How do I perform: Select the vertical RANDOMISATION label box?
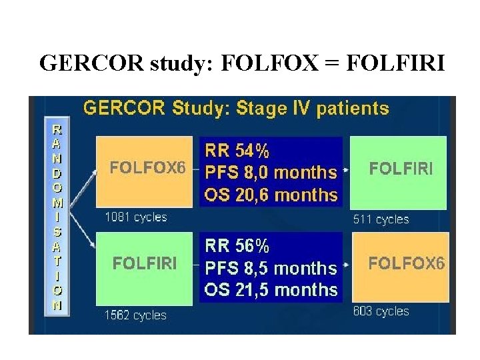pyautogui.click(x=58, y=216)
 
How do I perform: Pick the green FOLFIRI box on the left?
pyautogui.click(x=145, y=264)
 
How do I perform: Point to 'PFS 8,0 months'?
pyautogui.click(x=271, y=173)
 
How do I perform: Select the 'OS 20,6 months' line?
pyautogui.click(x=271, y=195)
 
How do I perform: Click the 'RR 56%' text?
pyautogui.click(x=237, y=246)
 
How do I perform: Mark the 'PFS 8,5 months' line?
pyautogui.click(x=271, y=268)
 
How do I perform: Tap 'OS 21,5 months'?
pyautogui.click(x=271, y=290)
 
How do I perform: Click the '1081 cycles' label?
pyautogui.click(x=136, y=217)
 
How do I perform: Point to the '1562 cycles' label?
pyautogui.click(x=135, y=315)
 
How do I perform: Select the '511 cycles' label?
pyautogui.click(x=381, y=219)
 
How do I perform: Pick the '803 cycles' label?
pyautogui.click(x=381, y=311)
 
